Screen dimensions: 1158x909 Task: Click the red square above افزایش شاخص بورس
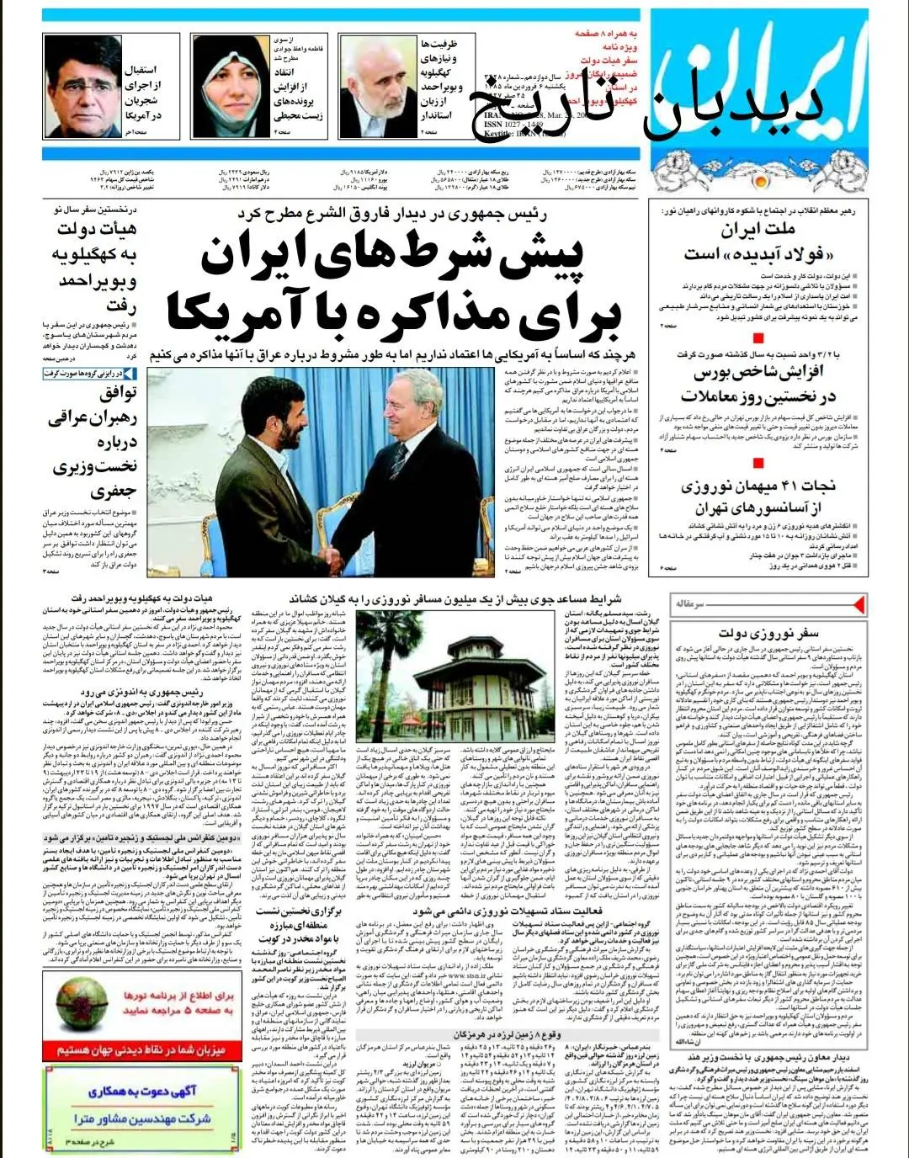click(x=758, y=338)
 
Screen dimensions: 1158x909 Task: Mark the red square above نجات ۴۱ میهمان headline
click(x=758, y=462)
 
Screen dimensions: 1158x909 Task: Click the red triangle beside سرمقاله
click(x=858, y=604)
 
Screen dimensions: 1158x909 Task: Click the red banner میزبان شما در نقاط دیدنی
click(x=141, y=1049)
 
